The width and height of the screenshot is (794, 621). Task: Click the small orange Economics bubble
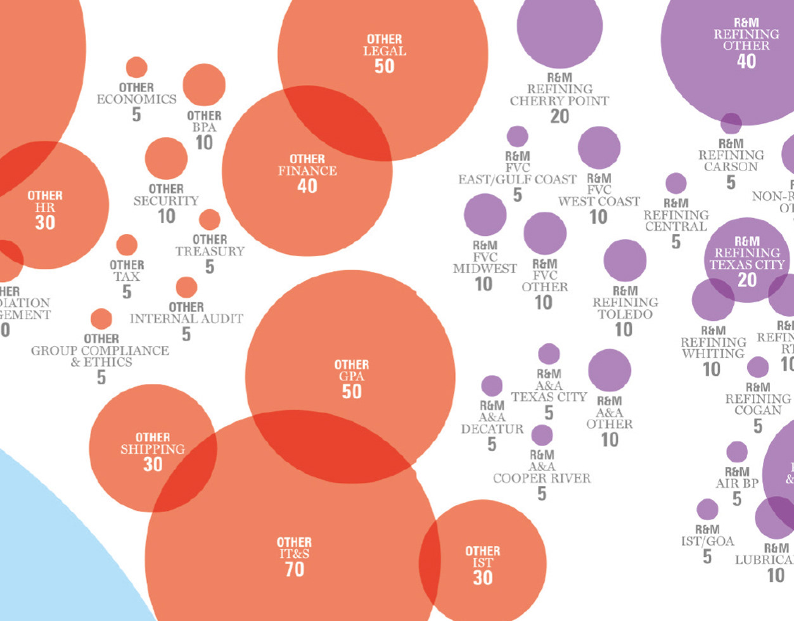(x=136, y=67)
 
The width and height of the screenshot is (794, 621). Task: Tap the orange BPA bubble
(x=204, y=85)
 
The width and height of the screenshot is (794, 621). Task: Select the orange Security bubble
(x=166, y=158)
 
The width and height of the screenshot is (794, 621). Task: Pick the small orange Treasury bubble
(x=210, y=220)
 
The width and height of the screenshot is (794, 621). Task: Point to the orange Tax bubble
(x=127, y=245)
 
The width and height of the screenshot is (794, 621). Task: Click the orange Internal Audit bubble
(x=186, y=287)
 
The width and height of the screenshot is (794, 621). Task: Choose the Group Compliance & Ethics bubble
(x=101, y=319)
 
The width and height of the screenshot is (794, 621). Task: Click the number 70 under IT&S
(x=294, y=570)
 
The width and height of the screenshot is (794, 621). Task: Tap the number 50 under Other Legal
(x=384, y=66)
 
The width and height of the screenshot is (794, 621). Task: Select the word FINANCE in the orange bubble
(x=307, y=171)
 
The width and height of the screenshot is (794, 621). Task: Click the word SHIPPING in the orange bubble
(x=153, y=449)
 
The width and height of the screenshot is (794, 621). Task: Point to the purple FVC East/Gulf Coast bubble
(x=517, y=136)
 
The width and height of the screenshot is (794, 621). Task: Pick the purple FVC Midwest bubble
(x=485, y=215)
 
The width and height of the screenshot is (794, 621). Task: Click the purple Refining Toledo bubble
(x=625, y=260)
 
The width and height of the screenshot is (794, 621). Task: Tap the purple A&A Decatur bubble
(x=492, y=385)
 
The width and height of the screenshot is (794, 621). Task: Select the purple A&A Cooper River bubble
(x=542, y=435)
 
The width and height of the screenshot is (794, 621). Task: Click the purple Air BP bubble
(x=737, y=452)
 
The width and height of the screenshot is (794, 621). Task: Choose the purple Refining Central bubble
(x=676, y=184)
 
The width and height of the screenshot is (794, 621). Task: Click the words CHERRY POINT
(x=560, y=101)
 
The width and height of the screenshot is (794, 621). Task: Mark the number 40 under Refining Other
(x=746, y=61)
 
